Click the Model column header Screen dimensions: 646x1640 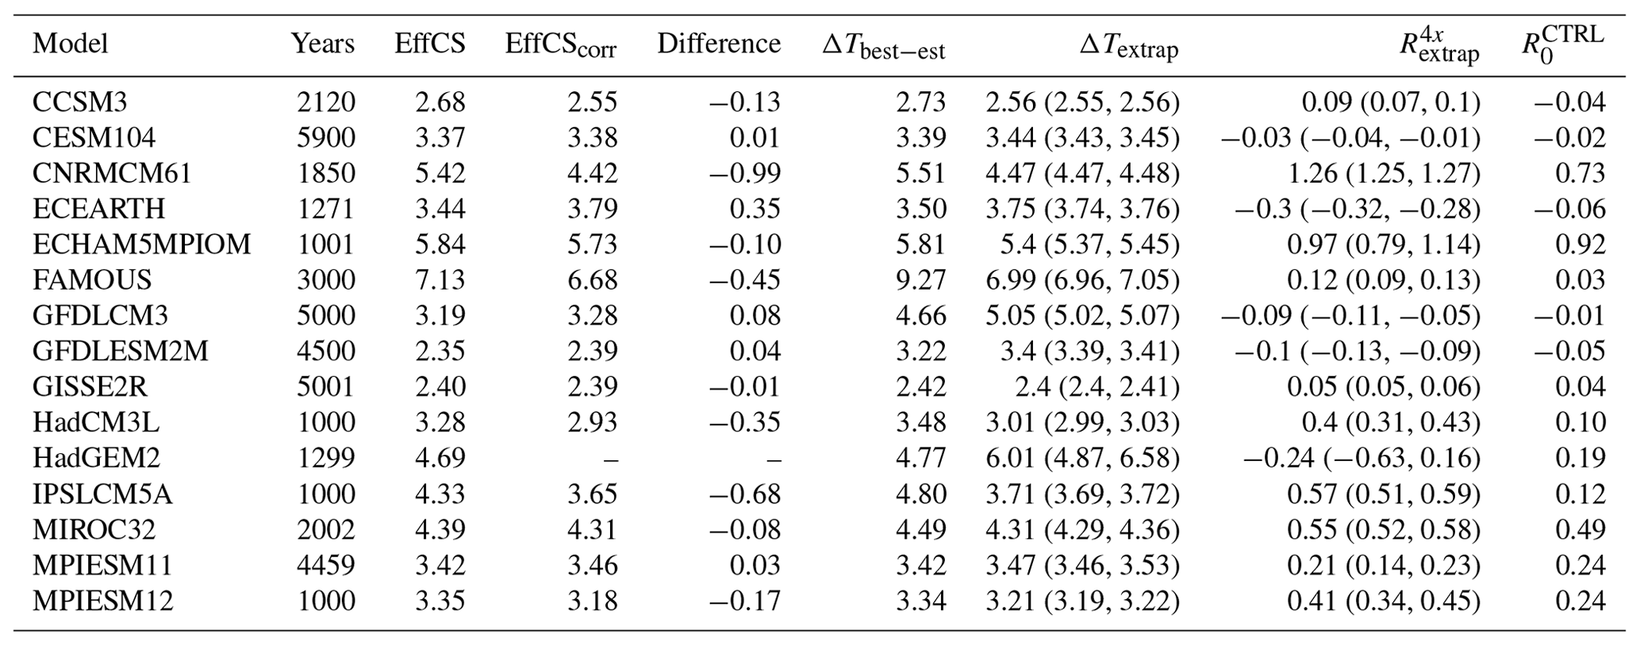[x=70, y=44]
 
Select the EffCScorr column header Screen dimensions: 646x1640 [x=560, y=45]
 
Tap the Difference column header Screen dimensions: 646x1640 [x=718, y=44]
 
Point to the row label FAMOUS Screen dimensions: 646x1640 [x=92, y=280]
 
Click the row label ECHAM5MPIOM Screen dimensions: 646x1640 [x=141, y=244]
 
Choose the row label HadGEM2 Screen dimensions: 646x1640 [x=96, y=458]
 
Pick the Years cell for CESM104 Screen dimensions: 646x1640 [x=326, y=138]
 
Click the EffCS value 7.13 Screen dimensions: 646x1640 [x=440, y=280]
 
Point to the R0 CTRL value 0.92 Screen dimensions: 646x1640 [x=1580, y=244]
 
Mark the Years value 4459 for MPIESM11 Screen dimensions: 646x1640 [x=326, y=565]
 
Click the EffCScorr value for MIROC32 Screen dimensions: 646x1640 [x=592, y=529]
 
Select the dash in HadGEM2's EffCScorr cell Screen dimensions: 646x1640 [x=611, y=459]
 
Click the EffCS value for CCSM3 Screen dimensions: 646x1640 [x=440, y=102]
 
